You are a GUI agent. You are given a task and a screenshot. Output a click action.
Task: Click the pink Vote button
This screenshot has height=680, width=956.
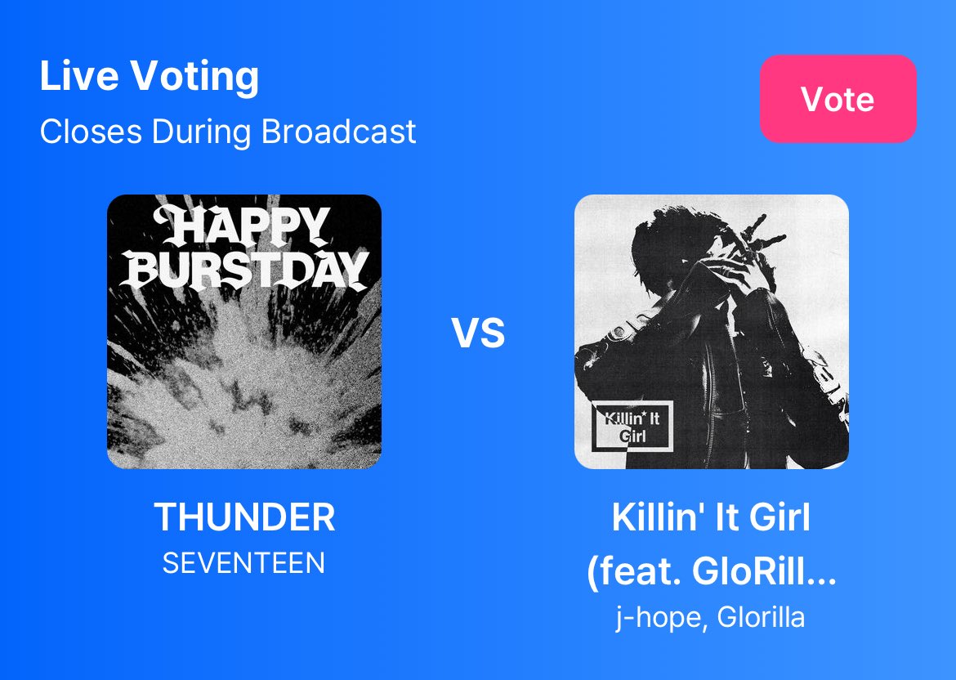tap(838, 99)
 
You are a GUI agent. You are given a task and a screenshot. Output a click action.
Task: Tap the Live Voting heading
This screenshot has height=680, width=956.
tap(150, 77)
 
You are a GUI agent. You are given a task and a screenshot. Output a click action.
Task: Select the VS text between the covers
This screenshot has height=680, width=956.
tap(479, 333)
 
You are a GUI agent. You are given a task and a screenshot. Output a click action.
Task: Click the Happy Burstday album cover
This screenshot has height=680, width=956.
tap(243, 331)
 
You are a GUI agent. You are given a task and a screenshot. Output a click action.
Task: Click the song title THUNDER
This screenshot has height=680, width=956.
tap(244, 517)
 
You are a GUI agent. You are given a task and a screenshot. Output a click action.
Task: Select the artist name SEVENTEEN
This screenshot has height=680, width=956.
tap(243, 563)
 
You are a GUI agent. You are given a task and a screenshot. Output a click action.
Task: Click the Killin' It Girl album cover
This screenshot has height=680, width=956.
tap(711, 331)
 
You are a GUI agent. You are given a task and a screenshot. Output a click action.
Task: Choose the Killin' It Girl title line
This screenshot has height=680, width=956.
tap(711, 517)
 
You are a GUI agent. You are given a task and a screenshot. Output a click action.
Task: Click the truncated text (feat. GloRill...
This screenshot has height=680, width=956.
tap(711, 572)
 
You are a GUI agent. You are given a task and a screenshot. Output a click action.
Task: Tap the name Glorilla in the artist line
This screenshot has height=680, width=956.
tap(761, 617)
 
